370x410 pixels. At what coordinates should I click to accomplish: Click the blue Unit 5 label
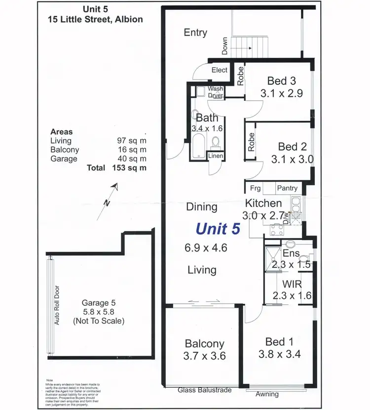(x=218, y=228)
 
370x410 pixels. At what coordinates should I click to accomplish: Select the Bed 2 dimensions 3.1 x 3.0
(x=293, y=160)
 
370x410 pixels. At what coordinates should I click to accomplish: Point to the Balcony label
(x=205, y=343)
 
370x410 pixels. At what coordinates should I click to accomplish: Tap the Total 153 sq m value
(x=131, y=168)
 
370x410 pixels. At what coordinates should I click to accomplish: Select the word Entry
(x=195, y=33)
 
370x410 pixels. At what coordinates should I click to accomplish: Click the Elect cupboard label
(x=220, y=70)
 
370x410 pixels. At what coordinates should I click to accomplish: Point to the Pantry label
(x=287, y=188)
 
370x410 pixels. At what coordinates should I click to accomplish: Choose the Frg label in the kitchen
(x=255, y=188)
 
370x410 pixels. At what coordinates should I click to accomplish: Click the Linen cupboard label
(x=216, y=156)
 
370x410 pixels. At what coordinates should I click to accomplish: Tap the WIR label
(x=292, y=285)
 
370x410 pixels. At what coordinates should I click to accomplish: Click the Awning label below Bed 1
(x=267, y=394)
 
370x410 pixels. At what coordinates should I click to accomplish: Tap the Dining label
(x=202, y=206)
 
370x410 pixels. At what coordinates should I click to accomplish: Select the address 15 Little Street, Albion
(x=95, y=20)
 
